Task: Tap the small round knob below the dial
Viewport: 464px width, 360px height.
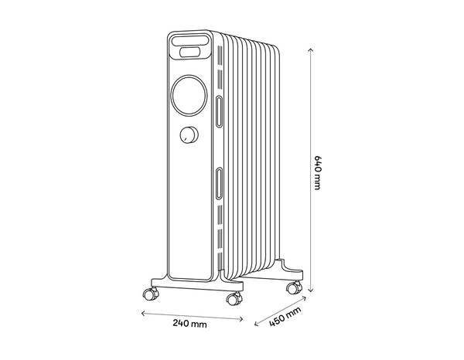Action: [188, 136]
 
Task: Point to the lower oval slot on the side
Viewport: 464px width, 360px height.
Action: [220, 183]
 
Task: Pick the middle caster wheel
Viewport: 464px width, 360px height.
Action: [231, 299]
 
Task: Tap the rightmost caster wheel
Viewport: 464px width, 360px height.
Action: [292, 288]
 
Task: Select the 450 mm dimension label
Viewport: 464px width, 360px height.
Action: [285, 318]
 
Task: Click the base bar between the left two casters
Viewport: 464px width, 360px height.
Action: [193, 285]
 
